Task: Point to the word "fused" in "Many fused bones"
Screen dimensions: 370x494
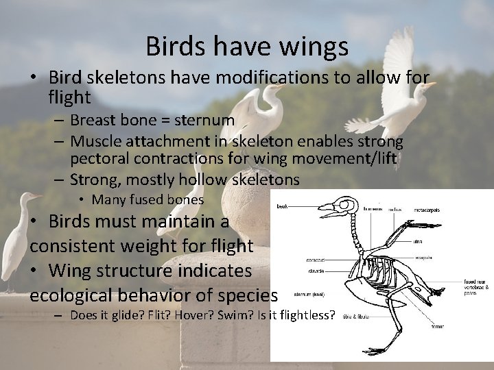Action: (143, 200)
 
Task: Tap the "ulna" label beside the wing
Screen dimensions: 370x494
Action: (417, 241)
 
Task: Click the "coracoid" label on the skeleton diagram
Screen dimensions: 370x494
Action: (316, 260)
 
